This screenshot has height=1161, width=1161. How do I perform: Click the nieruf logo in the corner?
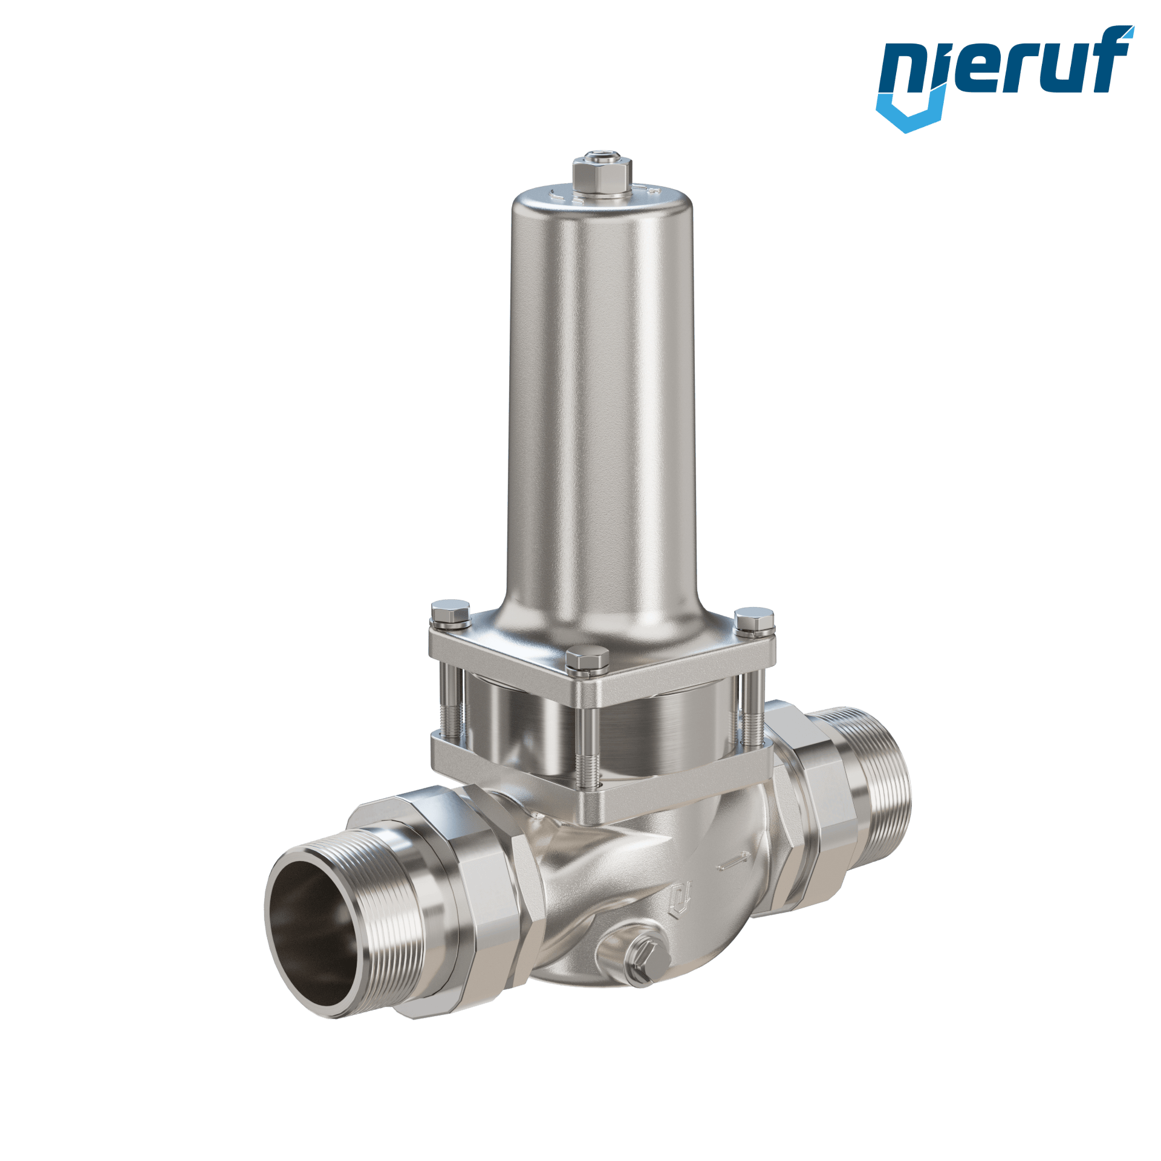coord(1004,79)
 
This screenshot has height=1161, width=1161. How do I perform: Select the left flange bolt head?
coord(451,611)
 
